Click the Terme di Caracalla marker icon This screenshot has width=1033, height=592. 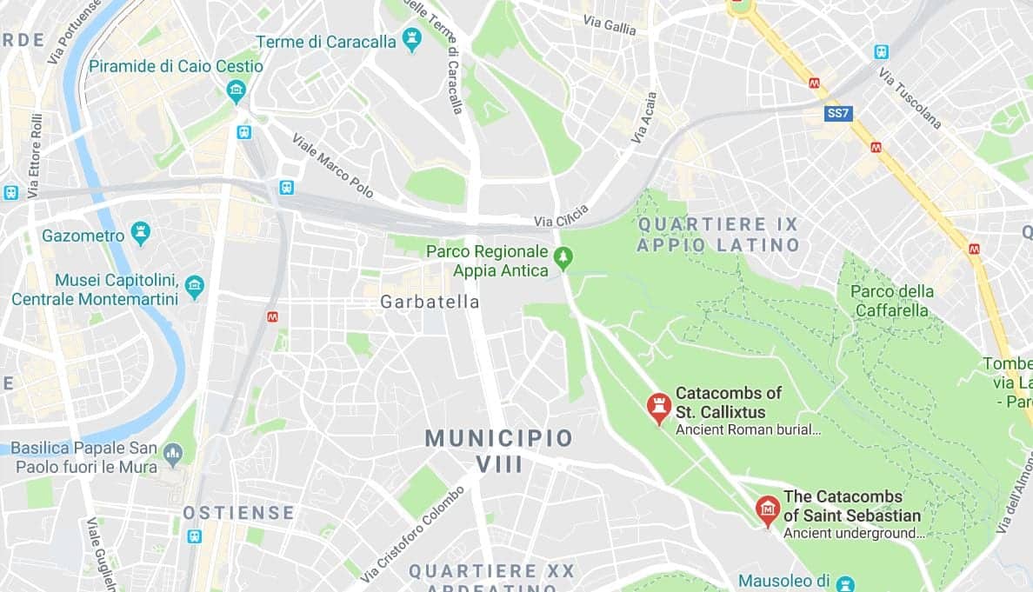(412, 40)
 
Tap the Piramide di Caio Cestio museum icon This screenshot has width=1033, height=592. (236, 90)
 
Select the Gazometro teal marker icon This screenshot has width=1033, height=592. (140, 233)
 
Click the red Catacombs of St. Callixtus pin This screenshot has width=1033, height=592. (658, 407)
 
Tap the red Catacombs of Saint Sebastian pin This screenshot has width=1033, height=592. (767, 509)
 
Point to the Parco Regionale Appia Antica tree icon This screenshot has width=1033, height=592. (564, 257)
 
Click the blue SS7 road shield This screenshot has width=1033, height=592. (837, 114)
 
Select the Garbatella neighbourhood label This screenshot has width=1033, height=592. (430, 302)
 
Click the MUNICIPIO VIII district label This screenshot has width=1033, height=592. (499, 450)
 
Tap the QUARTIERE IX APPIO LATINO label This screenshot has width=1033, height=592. (717, 235)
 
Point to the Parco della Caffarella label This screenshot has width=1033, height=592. (891, 301)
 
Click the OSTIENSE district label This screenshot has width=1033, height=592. (238, 513)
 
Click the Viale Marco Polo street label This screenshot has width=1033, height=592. (333, 164)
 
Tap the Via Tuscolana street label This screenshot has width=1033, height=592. (910, 98)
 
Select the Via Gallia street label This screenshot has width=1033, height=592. (610, 25)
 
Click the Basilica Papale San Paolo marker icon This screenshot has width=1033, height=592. (173, 453)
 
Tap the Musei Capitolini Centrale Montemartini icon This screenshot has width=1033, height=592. (195, 286)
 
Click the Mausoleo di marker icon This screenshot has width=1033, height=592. (844, 582)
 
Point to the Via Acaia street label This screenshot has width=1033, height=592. (642, 121)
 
